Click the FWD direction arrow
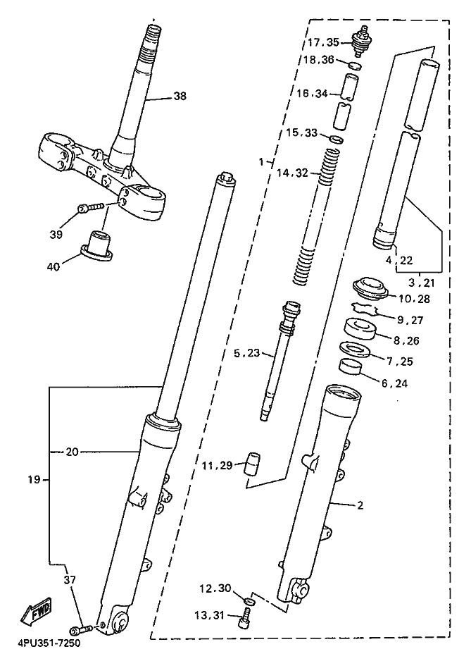(x=36, y=611)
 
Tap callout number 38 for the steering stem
(x=180, y=96)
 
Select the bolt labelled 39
(x=91, y=207)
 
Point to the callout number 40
(x=53, y=266)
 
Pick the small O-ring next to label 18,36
(x=355, y=66)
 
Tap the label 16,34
(x=312, y=94)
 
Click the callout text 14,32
(x=292, y=173)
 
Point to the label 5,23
(x=247, y=353)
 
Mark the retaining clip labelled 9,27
(x=363, y=309)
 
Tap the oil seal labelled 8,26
(x=360, y=330)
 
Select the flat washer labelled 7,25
(x=355, y=349)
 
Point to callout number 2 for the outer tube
(x=359, y=505)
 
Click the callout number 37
(x=70, y=580)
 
